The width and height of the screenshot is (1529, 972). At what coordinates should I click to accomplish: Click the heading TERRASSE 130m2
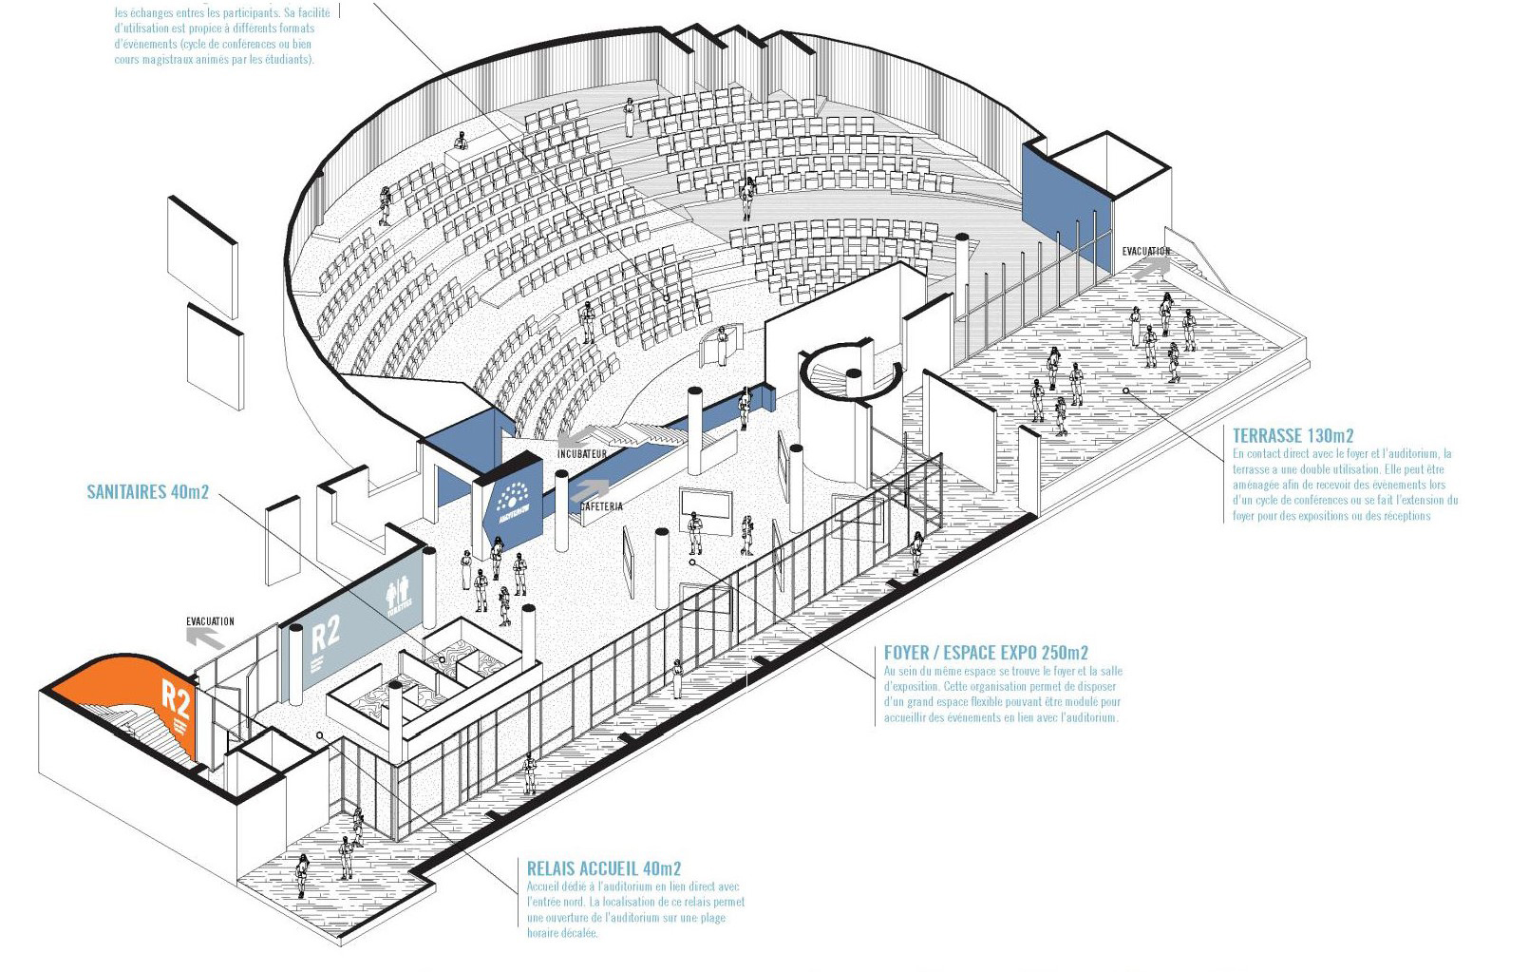tap(1293, 436)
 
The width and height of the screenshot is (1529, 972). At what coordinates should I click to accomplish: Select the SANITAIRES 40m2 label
tap(147, 492)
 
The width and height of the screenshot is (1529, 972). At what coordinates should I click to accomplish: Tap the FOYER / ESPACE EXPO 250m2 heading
tap(986, 653)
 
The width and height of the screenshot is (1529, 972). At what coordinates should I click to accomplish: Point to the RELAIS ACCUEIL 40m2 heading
tap(604, 868)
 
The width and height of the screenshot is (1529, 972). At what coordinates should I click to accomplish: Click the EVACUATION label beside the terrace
tap(1145, 252)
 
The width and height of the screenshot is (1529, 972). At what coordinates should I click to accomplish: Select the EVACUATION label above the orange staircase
tap(210, 621)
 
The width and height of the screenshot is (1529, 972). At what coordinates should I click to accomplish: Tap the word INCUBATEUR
tap(581, 455)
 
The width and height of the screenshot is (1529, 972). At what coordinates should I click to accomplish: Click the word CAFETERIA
tap(600, 506)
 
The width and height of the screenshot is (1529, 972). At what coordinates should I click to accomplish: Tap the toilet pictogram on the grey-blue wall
tap(401, 598)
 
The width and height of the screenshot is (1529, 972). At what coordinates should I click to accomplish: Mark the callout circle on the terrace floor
tap(1125, 391)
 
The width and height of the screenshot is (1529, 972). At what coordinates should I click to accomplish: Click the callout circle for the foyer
tap(693, 562)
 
